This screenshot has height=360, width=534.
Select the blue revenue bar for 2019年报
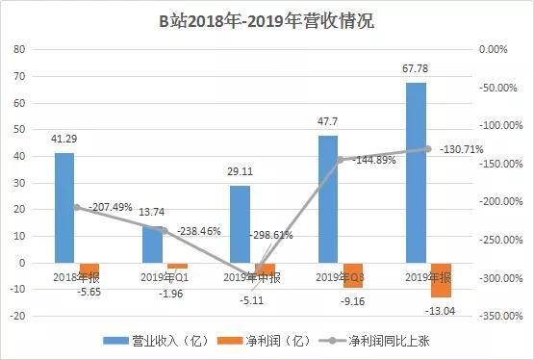[x=416, y=173]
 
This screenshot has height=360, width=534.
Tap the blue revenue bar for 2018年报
[x=64, y=207]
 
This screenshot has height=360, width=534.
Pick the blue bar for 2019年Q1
[x=152, y=244]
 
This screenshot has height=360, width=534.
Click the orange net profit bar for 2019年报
[x=441, y=279]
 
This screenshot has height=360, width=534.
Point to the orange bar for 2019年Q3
[x=353, y=274]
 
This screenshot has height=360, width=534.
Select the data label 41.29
[x=64, y=139]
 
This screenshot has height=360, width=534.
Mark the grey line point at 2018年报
[x=75, y=207]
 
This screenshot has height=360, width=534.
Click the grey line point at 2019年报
[x=429, y=148]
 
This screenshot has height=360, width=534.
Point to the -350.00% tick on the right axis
[x=501, y=315]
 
